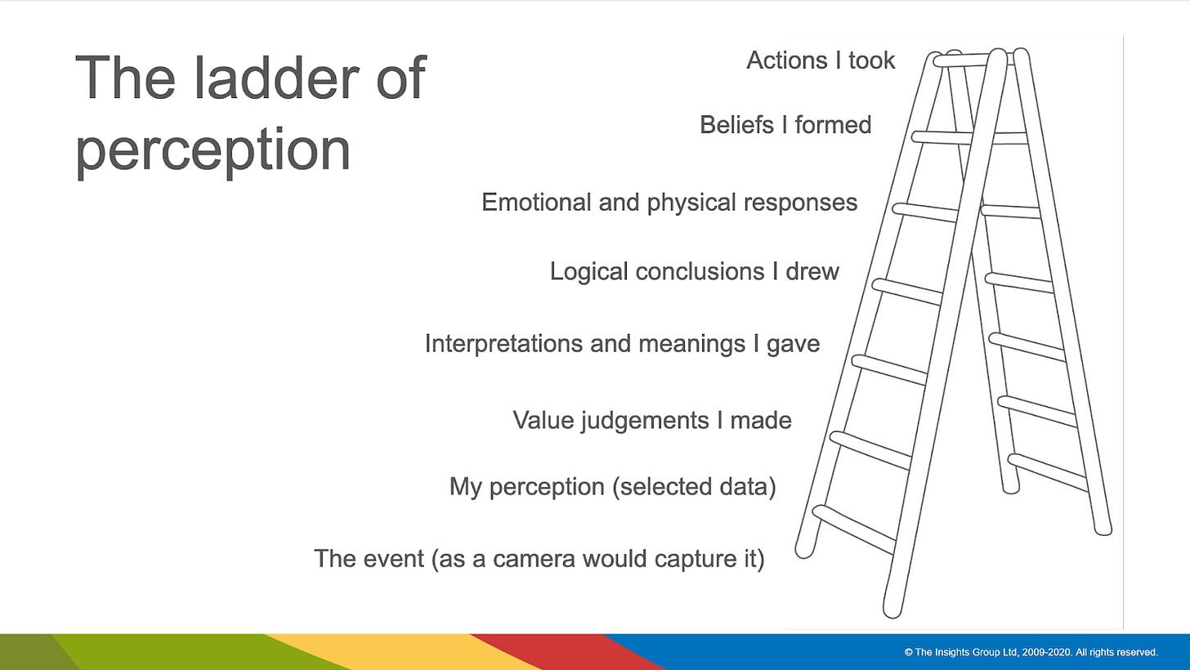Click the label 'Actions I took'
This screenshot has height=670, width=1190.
point(821,60)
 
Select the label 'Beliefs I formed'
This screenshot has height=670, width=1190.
point(785,125)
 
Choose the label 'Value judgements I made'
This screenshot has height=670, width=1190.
point(651,420)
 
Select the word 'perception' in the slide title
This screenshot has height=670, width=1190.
point(212,150)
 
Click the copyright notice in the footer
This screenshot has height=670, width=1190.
point(1031,652)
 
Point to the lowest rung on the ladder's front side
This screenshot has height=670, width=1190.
point(853,529)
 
